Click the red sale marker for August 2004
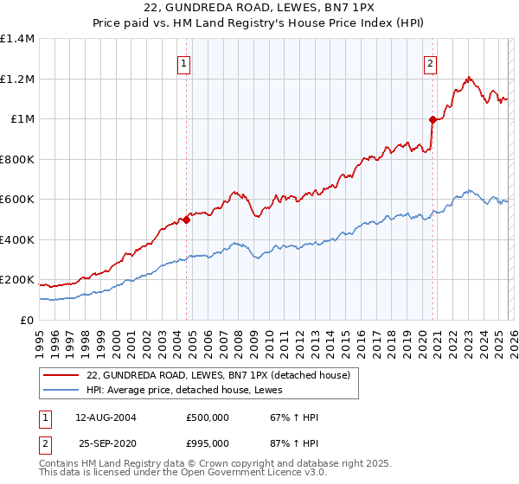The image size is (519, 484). pyautogui.click(x=186, y=220)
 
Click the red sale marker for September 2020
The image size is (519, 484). pyautogui.click(x=432, y=120)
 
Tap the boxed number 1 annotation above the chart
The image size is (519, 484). pyautogui.click(x=185, y=62)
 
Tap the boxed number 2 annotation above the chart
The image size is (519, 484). pyautogui.click(x=431, y=62)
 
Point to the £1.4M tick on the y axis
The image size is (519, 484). pyautogui.click(x=17, y=39)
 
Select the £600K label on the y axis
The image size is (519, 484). pyautogui.click(x=17, y=200)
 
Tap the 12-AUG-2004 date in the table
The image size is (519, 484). pyautogui.click(x=106, y=417)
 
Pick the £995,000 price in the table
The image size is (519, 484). pyautogui.click(x=208, y=443)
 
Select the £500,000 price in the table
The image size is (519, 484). pyautogui.click(x=208, y=417)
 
